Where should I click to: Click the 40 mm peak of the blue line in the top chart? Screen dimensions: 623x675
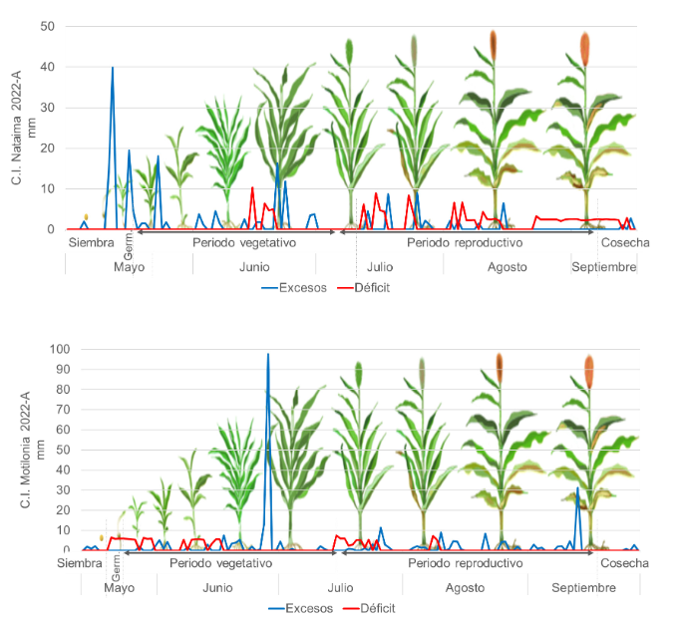coord(113,68)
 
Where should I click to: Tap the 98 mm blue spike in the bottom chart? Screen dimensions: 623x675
coord(267,355)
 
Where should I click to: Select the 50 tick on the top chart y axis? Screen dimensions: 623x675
coord(48,26)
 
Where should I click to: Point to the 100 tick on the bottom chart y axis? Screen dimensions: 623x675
coord(45,349)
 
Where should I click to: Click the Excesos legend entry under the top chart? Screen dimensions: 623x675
coord(294,287)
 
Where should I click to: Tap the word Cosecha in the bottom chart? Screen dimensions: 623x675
coord(624,563)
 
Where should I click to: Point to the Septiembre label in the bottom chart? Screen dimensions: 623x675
coord(584,587)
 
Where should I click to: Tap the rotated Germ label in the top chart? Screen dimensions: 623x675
coord(129,243)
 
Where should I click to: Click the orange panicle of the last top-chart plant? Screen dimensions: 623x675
coord(585,47)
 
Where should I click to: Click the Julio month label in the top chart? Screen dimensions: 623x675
coord(379,266)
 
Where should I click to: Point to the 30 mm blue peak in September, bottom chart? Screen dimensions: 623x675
coord(577,488)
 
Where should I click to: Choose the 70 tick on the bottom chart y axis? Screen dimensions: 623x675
coord(48,409)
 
